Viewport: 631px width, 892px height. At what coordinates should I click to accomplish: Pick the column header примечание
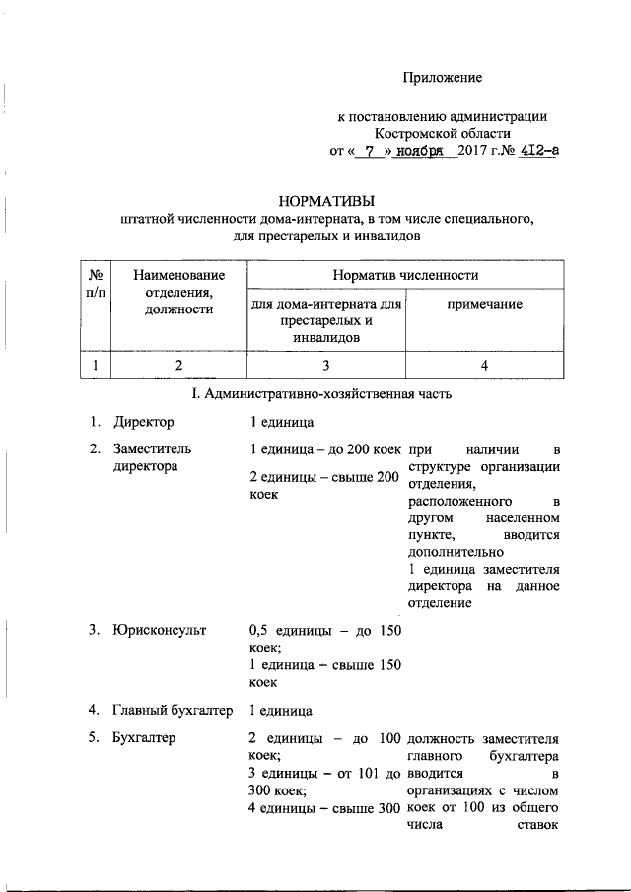point(484,305)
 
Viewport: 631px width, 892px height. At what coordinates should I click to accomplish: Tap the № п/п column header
point(97,283)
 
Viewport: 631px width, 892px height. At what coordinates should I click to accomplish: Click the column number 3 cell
point(324,366)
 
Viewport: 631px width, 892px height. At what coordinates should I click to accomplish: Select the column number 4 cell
point(484,366)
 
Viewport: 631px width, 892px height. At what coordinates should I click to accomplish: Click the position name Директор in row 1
point(143,423)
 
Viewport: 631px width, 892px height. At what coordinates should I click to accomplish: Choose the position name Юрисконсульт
point(159,630)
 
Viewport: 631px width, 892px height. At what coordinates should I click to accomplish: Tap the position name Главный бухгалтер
point(173,710)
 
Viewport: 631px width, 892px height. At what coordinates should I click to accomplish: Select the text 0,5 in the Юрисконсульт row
point(257,630)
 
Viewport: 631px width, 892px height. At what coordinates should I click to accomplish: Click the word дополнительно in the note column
point(451,552)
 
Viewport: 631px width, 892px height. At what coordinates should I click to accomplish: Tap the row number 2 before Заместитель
point(94,449)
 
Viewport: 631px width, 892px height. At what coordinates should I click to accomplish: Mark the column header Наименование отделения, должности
point(179,292)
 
